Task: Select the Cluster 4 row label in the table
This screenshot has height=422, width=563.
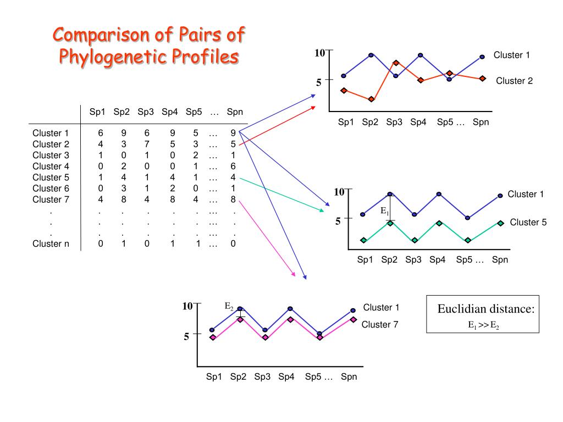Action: point(51,166)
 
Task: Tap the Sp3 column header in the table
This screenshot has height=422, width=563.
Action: point(146,112)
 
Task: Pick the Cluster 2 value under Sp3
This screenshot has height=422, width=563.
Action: point(147,144)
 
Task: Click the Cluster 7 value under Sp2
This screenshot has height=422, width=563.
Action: point(124,199)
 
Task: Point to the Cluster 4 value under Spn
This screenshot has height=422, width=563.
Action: point(233,166)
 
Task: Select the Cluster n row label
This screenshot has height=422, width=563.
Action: point(51,244)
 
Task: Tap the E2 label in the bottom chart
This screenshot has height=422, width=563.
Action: point(229,306)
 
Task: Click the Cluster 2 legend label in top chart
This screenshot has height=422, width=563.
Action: point(514,81)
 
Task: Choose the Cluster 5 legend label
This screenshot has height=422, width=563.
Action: point(528,222)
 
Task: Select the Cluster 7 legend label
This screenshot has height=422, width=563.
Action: point(379,324)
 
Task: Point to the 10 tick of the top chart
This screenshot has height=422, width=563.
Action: point(319,53)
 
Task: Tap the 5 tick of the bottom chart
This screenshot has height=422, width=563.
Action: point(186,336)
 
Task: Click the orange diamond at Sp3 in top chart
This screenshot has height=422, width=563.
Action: point(396,63)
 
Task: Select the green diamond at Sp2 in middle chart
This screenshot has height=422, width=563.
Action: point(390,223)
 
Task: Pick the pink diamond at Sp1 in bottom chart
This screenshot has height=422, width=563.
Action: point(212,337)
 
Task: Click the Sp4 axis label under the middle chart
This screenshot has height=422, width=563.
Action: point(438,260)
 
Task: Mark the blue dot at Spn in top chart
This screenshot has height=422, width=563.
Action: point(482,57)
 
